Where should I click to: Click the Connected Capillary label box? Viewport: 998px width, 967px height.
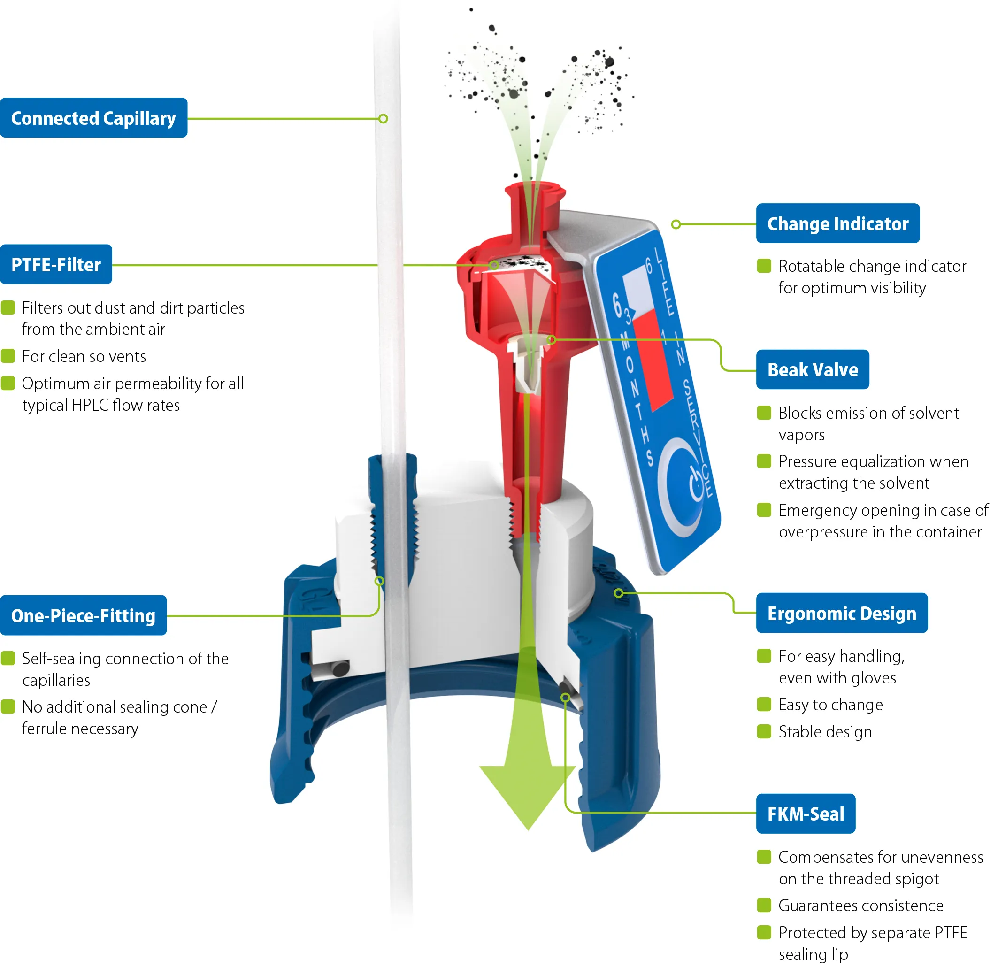(x=94, y=118)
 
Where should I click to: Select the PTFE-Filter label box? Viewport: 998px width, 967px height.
(x=56, y=264)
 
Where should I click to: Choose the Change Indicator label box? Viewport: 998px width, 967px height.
(x=838, y=223)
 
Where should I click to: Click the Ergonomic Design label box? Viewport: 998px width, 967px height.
(x=842, y=613)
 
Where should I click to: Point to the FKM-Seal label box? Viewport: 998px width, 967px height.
(x=806, y=814)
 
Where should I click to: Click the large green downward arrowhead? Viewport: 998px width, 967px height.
(x=528, y=794)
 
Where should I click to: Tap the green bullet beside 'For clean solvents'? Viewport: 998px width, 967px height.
(x=8, y=356)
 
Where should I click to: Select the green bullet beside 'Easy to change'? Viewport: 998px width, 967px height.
(x=764, y=704)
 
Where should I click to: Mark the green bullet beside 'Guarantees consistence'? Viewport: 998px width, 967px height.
(x=764, y=905)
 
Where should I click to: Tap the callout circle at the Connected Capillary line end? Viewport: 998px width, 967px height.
(x=384, y=119)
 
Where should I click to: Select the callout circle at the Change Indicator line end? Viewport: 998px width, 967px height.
(x=676, y=224)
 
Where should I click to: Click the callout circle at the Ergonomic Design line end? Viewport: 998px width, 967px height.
(x=619, y=593)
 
